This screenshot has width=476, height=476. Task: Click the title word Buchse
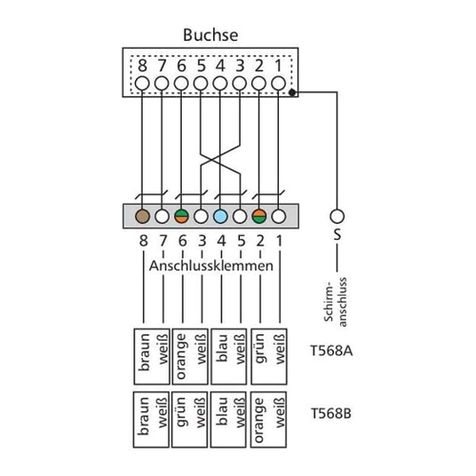tap(210, 35)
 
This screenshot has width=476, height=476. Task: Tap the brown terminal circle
tap(143, 217)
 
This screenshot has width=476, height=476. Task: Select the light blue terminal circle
tap(221, 217)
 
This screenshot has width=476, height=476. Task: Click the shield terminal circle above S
tap(337, 217)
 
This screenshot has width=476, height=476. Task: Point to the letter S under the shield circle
tap(337, 235)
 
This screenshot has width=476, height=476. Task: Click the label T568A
tap(331, 351)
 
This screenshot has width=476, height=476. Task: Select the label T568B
tap(331, 413)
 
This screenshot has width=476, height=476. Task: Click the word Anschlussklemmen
tap(211, 266)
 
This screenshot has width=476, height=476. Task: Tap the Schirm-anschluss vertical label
tap(336, 302)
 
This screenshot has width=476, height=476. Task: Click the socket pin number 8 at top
tap(143, 66)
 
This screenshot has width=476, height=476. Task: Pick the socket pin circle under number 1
tap(279, 84)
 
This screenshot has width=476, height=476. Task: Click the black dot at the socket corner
tap(292, 92)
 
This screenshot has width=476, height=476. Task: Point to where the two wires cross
tap(220, 157)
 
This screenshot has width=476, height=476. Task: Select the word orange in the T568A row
tap(181, 356)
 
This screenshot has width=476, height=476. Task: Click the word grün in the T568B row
tap(181, 411)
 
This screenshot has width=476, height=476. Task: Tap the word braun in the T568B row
tap(144, 416)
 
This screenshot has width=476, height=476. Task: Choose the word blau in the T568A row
tap(222, 348)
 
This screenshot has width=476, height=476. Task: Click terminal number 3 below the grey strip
tap(202, 241)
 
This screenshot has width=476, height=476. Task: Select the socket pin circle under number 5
tap(201, 84)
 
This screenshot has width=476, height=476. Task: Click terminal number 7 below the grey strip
tap(163, 241)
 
